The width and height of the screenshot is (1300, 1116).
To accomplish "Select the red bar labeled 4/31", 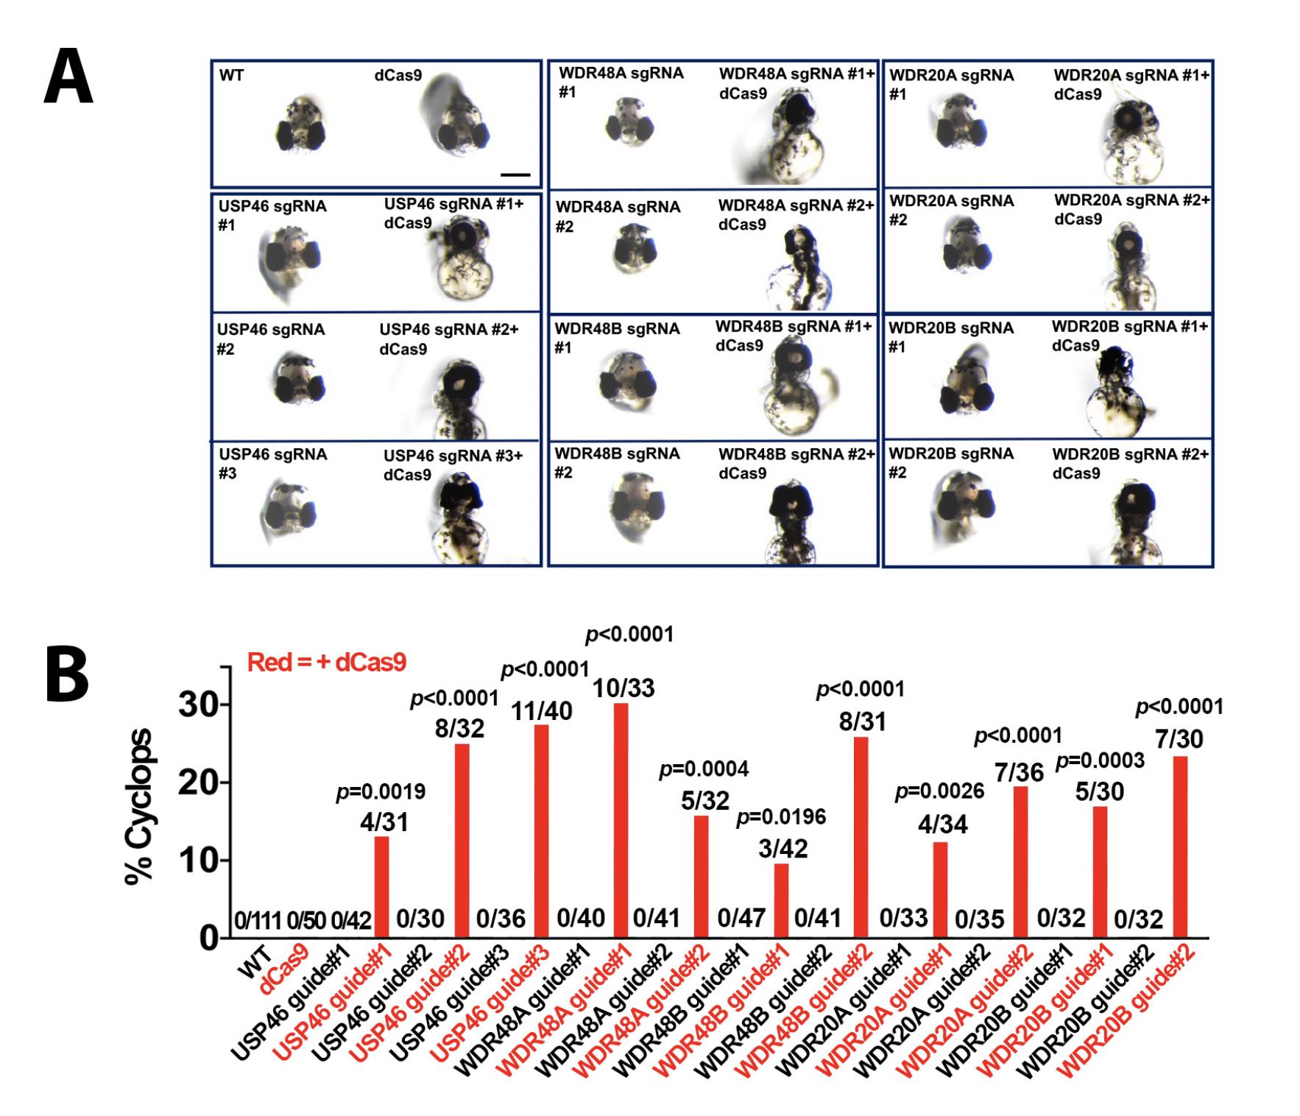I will click(x=381, y=886).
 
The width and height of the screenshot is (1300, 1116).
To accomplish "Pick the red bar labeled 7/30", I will click(x=1180, y=847).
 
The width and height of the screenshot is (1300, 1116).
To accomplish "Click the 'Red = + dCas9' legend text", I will click(x=326, y=663).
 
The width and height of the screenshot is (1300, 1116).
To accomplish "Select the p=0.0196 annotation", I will click(x=781, y=816).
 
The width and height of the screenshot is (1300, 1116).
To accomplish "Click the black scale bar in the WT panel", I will click(x=515, y=174).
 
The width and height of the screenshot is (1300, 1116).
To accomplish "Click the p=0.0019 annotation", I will click(x=381, y=792).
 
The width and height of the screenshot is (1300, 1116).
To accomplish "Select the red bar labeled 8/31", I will click(x=861, y=837).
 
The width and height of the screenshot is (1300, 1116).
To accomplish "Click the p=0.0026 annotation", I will click(x=939, y=792).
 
